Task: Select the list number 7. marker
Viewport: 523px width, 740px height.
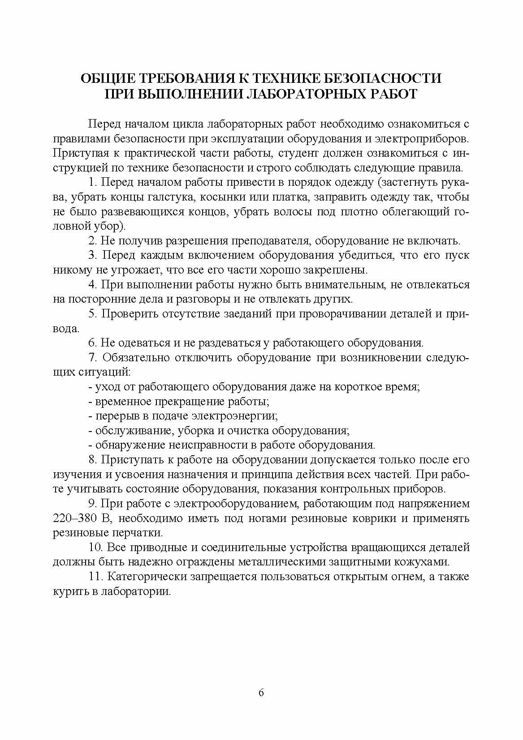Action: pos(94,358)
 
